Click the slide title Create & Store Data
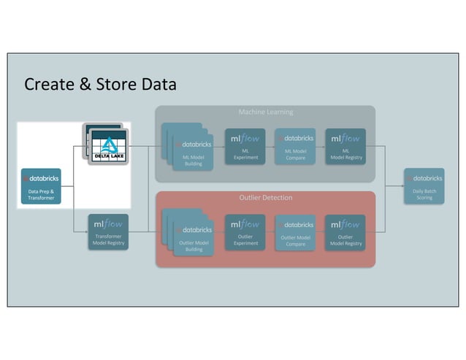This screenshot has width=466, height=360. click(100, 84)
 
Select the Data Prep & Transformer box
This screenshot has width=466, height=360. click(41, 186)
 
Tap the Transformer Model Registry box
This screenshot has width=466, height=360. click(108, 232)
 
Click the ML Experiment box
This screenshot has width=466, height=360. click(245, 146)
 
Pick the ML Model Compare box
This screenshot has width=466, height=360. click(295, 146)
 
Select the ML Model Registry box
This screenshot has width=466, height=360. click(345, 146)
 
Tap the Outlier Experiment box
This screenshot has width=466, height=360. click(245, 232)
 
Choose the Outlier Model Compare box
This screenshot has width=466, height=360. click(295, 232)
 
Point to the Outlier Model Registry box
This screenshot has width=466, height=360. click(345, 232)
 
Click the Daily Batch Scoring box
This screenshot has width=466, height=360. click(424, 186)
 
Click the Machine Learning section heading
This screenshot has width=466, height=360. click(265, 112)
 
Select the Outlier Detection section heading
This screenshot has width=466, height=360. click(265, 198)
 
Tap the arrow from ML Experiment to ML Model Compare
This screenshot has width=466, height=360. click(270, 146)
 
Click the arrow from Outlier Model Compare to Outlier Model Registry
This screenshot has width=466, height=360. click(320, 232)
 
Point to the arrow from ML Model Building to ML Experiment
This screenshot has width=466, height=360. click(219, 146)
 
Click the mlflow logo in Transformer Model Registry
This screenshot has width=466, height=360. click(108, 223)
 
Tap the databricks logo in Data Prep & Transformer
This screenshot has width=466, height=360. click(41, 178)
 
